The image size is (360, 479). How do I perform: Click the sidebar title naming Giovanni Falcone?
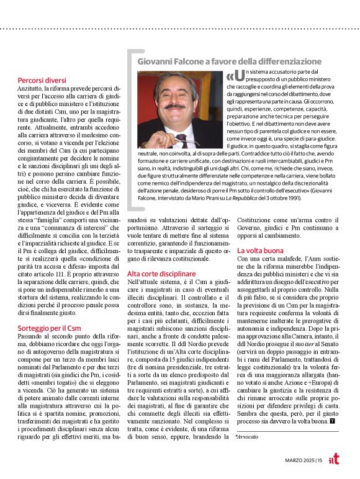(229, 62)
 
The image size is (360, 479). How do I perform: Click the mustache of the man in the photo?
(176, 101)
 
